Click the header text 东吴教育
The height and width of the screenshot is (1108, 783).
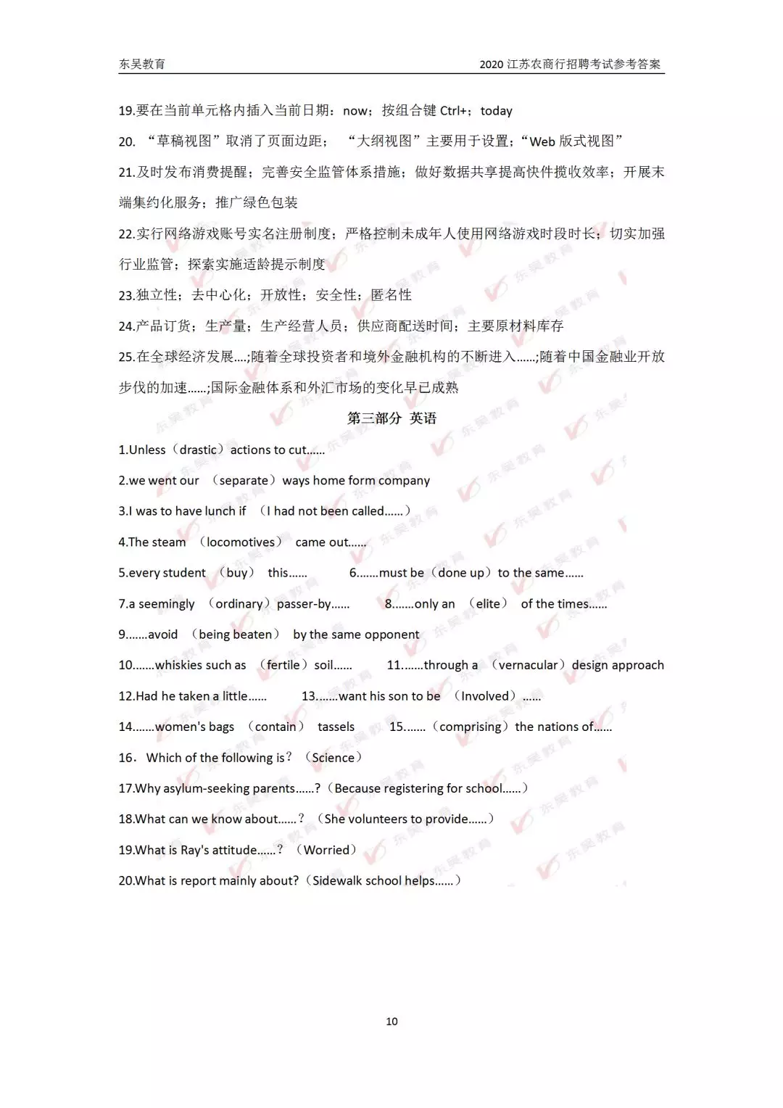(x=142, y=64)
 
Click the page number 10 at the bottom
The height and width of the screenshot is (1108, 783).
(x=391, y=1021)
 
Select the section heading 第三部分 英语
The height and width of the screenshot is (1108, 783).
(x=391, y=418)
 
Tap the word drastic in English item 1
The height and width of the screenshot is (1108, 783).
(x=198, y=450)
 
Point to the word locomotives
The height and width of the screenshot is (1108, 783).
(x=241, y=542)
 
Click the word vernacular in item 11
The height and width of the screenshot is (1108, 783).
(x=528, y=665)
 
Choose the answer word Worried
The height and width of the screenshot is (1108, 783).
(x=326, y=850)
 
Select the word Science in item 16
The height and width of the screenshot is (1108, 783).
(x=333, y=758)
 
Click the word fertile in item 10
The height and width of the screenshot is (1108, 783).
(x=283, y=665)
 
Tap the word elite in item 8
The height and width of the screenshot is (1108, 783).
(x=488, y=603)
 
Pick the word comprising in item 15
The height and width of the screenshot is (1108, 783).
(x=470, y=727)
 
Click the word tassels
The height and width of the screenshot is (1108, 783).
(x=336, y=727)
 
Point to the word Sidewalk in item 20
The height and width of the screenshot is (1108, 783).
(x=337, y=880)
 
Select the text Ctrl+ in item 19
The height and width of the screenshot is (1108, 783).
(x=453, y=110)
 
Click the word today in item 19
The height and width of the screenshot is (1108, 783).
(x=496, y=111)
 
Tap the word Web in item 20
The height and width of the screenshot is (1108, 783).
(x=542, y=141)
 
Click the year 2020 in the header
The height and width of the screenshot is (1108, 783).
(x=491, y=64)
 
